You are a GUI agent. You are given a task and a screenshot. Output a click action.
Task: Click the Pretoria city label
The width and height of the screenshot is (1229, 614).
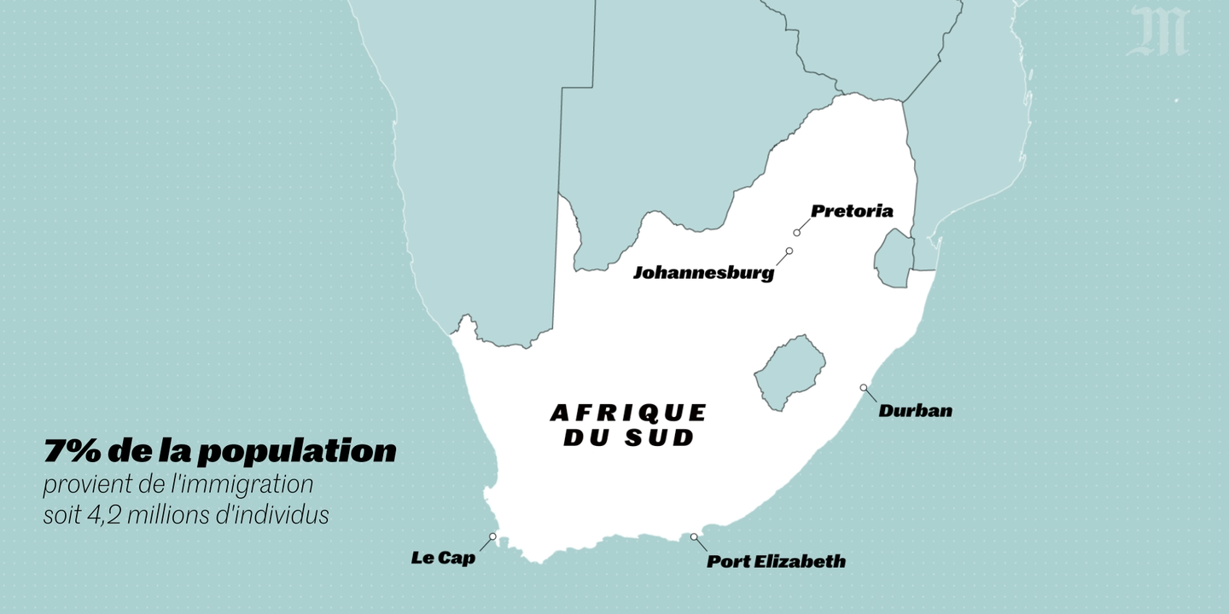pyautogui.click(x=852, y=211)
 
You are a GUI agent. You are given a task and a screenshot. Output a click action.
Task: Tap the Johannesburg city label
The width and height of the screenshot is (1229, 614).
pyautogui.click(x=703, y=273)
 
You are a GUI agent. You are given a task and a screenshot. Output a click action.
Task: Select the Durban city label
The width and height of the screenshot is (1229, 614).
pyautogui.click(x=915, y=411)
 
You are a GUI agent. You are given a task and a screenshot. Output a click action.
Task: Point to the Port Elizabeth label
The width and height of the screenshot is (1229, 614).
pyautogui.click(x=776, y=561)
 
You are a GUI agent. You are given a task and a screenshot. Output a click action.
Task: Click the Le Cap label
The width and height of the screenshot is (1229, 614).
pyautogui.click(x=443, y=559)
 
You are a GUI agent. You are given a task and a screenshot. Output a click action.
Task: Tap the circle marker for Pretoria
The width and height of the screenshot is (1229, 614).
pyautogui.click(x=797, y=232)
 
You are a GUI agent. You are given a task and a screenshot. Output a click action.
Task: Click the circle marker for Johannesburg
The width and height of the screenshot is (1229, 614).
pyautogui.click(x=789, y=251)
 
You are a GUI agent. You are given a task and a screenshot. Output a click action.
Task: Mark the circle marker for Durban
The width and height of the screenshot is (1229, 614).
pyautogui.click(x=864, y=388)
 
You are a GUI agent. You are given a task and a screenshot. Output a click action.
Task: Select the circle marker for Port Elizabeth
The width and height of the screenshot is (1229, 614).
pyautogui.click(x=694, y=537)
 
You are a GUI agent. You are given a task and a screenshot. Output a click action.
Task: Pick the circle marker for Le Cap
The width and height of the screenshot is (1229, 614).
pyautogui.click(x=493, y=536)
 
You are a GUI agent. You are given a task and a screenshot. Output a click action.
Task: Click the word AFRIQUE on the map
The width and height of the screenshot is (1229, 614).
pyautogui.click(x=628, y=413)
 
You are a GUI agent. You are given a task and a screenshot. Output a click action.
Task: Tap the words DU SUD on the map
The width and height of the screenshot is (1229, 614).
pyautogui.click(x=628, y=439)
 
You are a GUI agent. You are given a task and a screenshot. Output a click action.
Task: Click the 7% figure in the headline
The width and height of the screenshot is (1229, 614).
pyautogui.click(x=71, y=452)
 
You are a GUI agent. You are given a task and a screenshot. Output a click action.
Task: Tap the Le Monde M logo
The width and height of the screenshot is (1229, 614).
pyautogui.click(x=1158, y=32)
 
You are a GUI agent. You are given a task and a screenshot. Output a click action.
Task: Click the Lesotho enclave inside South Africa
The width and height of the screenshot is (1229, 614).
pyautogui.click(x=789, y=372)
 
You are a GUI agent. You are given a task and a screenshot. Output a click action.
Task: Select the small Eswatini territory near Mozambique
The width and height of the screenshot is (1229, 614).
pyautogui.click(x=894, y=258)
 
